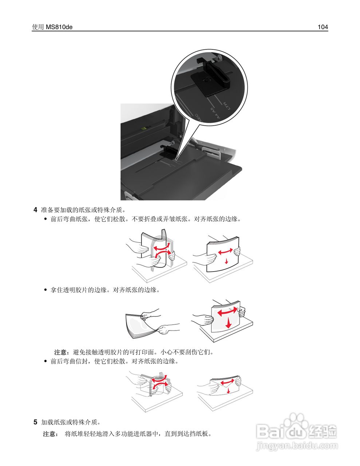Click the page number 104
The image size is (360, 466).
[323, 27]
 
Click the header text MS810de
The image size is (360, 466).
[59, 27]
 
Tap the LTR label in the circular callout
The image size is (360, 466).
[226, 106]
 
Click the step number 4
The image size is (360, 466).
[35, 210]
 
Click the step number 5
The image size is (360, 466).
[35, 422]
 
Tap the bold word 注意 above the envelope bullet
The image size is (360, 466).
[60, 352]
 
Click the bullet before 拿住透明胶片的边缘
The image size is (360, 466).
[46, 290]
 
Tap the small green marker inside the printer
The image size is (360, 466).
[145, 128]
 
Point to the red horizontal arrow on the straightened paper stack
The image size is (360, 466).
[226, 252]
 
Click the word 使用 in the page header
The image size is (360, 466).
[38, 27]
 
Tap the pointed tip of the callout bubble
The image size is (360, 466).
[177, 159]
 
